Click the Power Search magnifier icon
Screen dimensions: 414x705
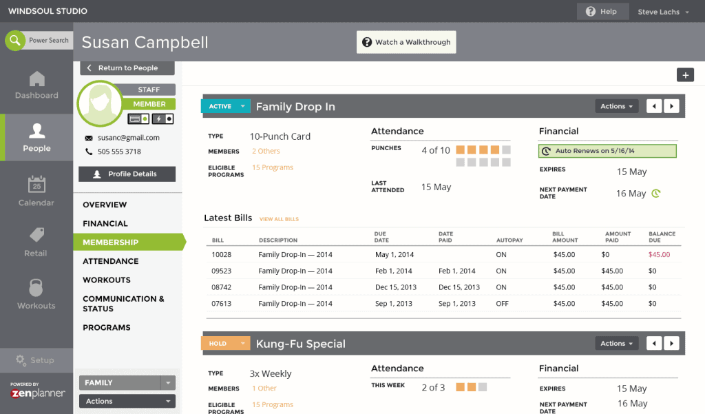click(14, 41)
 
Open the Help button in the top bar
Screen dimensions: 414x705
click(602, 12)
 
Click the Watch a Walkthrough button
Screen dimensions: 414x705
click(406, 42)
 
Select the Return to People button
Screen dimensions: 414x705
click(127, 68)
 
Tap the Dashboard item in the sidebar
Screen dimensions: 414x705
click(36, 86)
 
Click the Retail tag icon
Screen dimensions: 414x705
click(36, 236)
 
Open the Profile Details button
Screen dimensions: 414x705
click(127, 174)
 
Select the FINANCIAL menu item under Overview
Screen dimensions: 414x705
click(105, 224)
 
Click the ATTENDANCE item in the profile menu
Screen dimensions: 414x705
click(111, 261)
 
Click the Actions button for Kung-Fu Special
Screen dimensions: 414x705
click(616, 344)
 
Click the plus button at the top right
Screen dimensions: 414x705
click(685, 75)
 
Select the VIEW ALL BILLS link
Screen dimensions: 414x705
click(279, 219)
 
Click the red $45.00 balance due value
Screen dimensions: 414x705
click(659, 255)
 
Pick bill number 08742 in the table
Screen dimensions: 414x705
click(222, 287)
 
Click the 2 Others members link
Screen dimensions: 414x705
click(266, 152)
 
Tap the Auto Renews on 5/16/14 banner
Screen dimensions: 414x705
click(607, 151)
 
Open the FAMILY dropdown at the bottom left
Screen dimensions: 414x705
click(127, 383)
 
